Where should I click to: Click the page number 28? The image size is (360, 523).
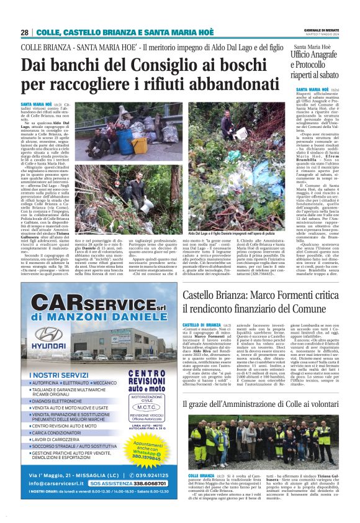24,32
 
